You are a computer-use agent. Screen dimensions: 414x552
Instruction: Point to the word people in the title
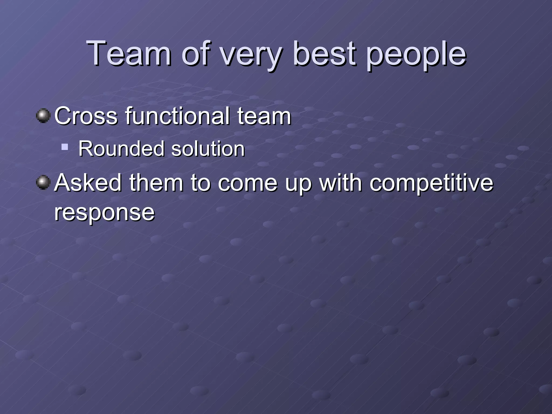tap(416, 55)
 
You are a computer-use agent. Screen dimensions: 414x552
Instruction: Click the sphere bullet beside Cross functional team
tap(43, 116)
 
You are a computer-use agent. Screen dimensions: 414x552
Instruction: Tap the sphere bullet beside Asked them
tap(43, 182)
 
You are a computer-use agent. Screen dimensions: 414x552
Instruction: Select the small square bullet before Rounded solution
tap(64, 147)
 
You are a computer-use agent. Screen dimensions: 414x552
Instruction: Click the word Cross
tap(86, 116)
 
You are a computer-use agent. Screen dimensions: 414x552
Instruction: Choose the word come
tap(247, 184)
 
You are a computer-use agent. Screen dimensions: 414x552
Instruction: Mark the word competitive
tap(431, 184)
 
